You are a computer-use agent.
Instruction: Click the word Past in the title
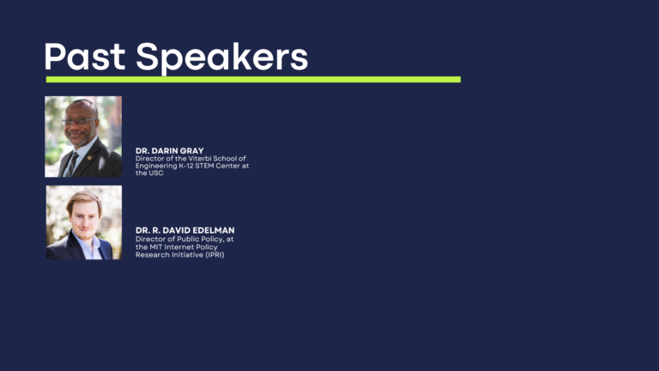(84, 56)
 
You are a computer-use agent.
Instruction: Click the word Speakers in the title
(222, 58)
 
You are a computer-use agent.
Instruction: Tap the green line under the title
(253, 80)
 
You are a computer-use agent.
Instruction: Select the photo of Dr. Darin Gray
(83, 137)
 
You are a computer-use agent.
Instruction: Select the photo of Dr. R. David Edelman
(84, 222)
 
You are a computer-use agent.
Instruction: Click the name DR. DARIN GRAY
(169, 150)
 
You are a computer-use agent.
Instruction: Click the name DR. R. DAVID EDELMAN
(185, 230)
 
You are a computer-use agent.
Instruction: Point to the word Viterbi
(199, 159)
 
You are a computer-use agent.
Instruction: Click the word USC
(156, 173)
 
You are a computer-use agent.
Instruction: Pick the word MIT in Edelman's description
(156, 247)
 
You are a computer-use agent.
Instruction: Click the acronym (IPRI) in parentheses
(215, 255)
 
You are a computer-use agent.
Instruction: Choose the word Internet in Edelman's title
(179, 247)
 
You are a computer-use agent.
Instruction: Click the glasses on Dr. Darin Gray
(79, 121)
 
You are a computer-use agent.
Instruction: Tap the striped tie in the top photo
(72, 164)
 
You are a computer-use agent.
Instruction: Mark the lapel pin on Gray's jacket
(89, 158)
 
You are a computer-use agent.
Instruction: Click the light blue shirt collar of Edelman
(89, 243)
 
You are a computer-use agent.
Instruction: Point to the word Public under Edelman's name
(188, 239)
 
